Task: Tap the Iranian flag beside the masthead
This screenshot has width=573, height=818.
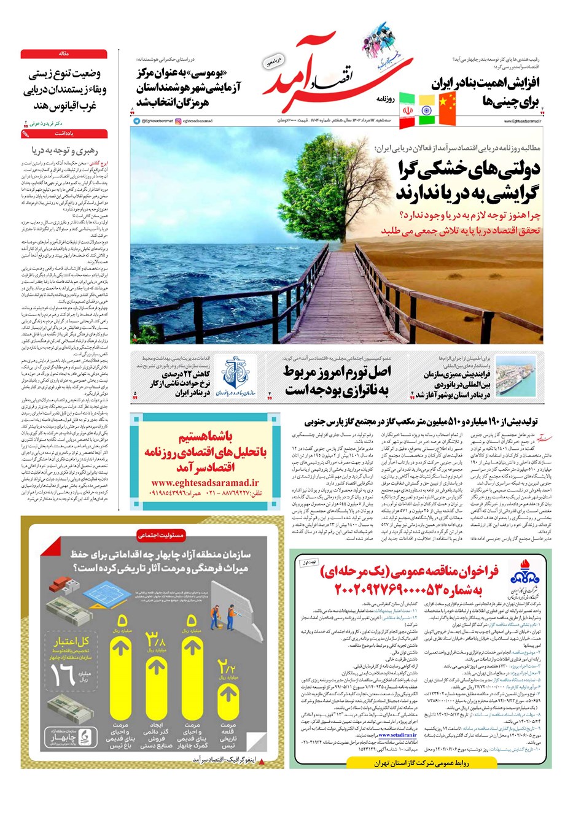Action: click(x=407, y=110)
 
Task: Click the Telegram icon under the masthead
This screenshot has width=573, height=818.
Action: click(x=136, y=121)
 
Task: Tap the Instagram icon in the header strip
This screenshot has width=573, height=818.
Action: click(x=178, y=121)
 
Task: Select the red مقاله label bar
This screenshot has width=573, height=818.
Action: click(x=64, y=54)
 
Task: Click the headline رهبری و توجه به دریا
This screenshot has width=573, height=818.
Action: click(x=64, y=149)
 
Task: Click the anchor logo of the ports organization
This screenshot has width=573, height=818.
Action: click(x=235, y=375)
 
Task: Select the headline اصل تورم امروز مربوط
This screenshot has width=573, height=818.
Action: click(x=337, y=372)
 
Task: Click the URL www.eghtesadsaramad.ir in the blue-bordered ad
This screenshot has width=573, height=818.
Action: click(x=197, y=482)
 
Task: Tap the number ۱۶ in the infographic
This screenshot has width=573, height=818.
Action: click(x=63, y=674)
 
